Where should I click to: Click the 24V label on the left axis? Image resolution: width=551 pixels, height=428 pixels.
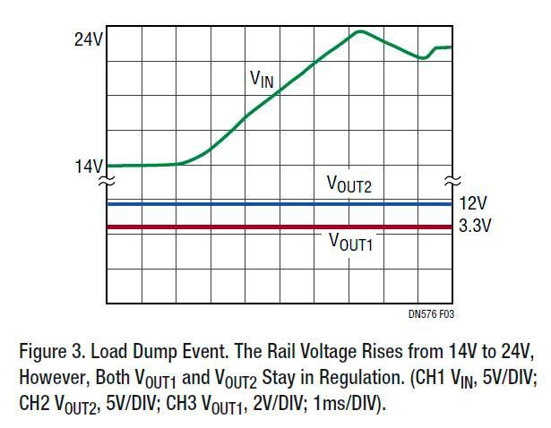89,40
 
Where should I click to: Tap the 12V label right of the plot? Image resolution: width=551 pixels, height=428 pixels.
471,204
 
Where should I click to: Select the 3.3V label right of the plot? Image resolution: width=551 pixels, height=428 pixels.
475,227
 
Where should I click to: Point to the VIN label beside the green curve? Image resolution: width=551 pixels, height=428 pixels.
261,80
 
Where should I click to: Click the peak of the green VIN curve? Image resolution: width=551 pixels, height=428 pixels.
358,31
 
